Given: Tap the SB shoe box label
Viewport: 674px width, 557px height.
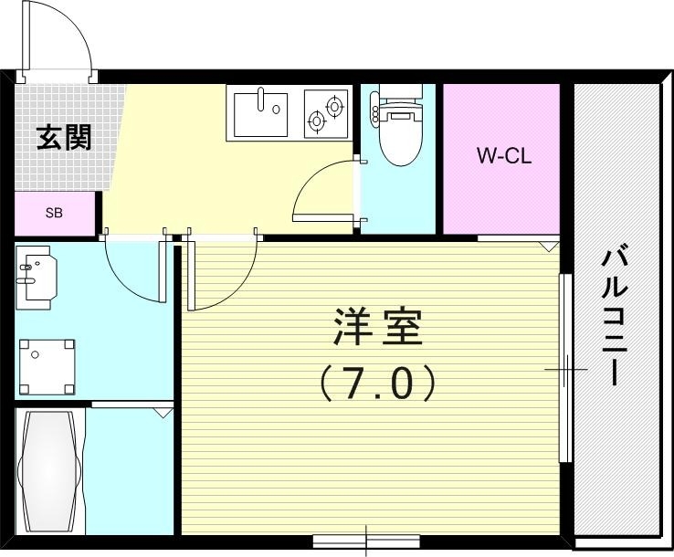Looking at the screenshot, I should pos(55,213).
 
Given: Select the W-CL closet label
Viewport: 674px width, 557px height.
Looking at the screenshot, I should pos(502,156).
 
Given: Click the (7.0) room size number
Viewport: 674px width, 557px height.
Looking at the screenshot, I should pos(377,384).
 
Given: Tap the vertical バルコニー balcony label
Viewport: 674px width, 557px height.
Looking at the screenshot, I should pos(613,315).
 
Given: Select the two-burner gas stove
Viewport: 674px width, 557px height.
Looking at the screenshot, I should pos(325,112).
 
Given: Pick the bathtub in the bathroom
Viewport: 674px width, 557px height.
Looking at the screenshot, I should pos(49,473).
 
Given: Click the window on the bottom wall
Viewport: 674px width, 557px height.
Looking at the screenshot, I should pos(366,540).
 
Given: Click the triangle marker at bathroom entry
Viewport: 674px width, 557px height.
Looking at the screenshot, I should pos(163,413).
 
